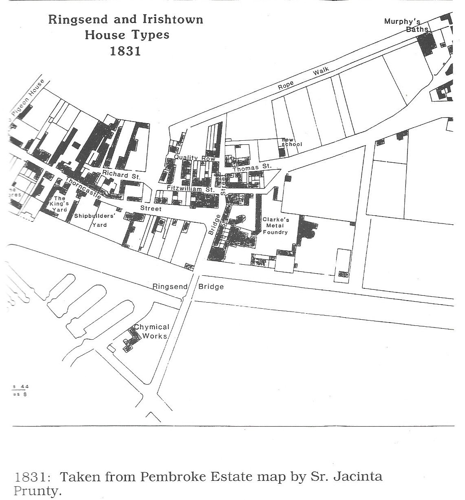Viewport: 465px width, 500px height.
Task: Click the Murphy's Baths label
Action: coord(406,25)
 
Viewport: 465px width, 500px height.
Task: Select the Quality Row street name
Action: coord(189,158)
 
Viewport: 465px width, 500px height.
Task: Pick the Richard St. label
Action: coord(121,176)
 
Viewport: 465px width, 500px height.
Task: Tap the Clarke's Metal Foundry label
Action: coord(275,226)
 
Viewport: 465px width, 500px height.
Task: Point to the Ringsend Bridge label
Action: coord(188,286)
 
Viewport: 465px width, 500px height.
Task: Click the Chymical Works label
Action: coord(152,331)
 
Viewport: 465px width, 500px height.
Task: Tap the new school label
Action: coord(292,142)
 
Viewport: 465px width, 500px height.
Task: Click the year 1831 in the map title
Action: coord(125,51)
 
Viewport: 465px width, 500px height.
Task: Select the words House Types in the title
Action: coord(127,35)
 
